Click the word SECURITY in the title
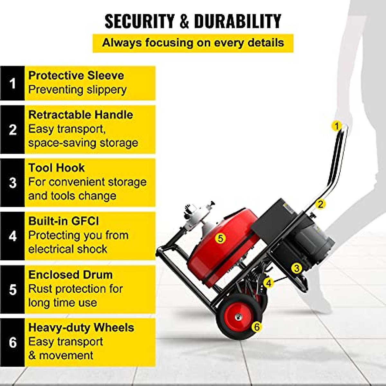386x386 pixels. (140, 22)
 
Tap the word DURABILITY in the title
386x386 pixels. (238, 22)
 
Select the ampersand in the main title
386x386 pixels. (184, 22)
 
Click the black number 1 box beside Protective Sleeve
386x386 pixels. (13, 83)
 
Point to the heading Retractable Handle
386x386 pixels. (80, 115)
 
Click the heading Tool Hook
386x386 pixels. (56, 168)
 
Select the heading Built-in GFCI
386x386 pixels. (63, 221)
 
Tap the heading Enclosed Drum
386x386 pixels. (70, 275)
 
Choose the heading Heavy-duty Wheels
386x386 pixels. (81, 328)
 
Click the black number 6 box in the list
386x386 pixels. (13, 342)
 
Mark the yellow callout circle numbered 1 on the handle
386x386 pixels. (336, 126)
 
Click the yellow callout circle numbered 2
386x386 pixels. (320, 204)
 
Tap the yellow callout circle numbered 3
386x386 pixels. (296, 268)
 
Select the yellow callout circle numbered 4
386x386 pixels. (269, 283)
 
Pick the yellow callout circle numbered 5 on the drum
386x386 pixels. (220, 238)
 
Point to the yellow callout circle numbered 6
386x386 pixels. (256, 327)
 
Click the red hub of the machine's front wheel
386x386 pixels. (238, 317)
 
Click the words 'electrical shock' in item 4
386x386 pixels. (68, 249)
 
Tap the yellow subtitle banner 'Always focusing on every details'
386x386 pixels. (193, 43)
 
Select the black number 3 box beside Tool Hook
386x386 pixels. (13, 183)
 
